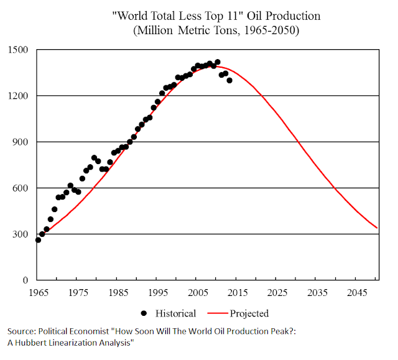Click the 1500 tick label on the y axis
tap(19, 50)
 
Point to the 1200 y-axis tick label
tap(19, 96)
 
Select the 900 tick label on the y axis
tap(21, 142)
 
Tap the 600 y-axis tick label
tap(21, 188)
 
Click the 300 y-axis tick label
tap(21, 234)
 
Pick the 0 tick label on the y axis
tap(27, 280)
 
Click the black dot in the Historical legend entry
tap(144, 313)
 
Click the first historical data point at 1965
tap(38, 240)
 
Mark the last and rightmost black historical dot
tap(229, 80)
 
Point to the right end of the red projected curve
tap(377, 228)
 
